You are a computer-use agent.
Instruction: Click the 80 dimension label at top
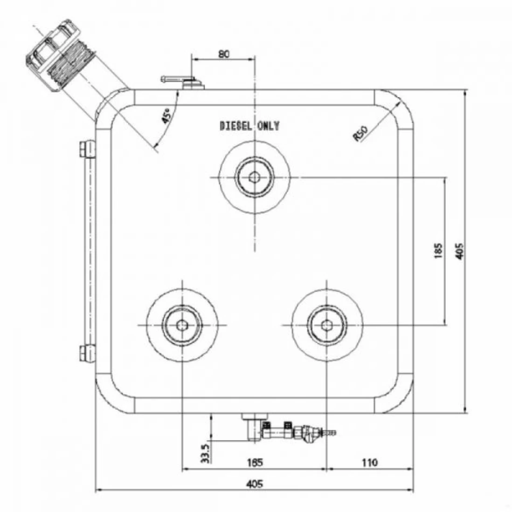pyautogui.click(x=224, y=54)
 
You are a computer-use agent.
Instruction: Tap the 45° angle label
pyautogui.click(x=166, y=116)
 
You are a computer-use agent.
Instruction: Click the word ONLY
pyautogui.click(x=269, y=126)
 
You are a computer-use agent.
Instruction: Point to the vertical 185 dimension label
pyautogui.click(x=438, y=250)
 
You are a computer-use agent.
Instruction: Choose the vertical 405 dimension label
pyautogui.click(x=459, y=251)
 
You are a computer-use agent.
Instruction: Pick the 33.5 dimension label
pyautogui.click(x=205, y=453)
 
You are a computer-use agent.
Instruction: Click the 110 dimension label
pyautogui.click(x=369, y=463)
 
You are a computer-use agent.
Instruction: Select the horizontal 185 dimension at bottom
pyautogui.click(x=255, y=463)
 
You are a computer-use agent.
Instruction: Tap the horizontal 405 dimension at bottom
pyautogui.click(x=255, y=484)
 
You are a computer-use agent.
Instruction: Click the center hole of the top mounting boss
pyautogui.click(x=255, y=177)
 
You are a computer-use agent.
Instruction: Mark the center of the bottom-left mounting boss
pyautogui.click(x=182, y=325)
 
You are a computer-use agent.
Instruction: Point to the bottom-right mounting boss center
pyautogui.click(x=327, y=325)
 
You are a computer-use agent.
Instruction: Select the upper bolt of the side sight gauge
pyautogui.click(x=87, y=149)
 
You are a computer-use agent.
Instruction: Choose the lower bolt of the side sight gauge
pyautogui.click(x=87, y=353)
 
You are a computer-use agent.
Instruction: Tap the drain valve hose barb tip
pyautogui.click(x=334, y=433)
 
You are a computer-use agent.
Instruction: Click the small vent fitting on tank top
pyautogui.click(x=183, y=83)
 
